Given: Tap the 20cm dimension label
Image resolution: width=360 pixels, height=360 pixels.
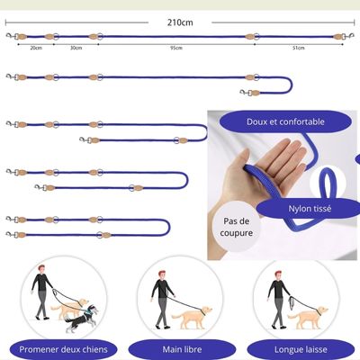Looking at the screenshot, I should [35, 48].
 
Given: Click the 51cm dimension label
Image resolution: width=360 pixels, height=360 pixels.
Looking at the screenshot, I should [298, 48].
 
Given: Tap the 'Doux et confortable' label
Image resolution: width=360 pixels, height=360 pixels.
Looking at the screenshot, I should [285, 121].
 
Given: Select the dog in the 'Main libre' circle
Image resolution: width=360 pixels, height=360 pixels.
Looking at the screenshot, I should [194, 315].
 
